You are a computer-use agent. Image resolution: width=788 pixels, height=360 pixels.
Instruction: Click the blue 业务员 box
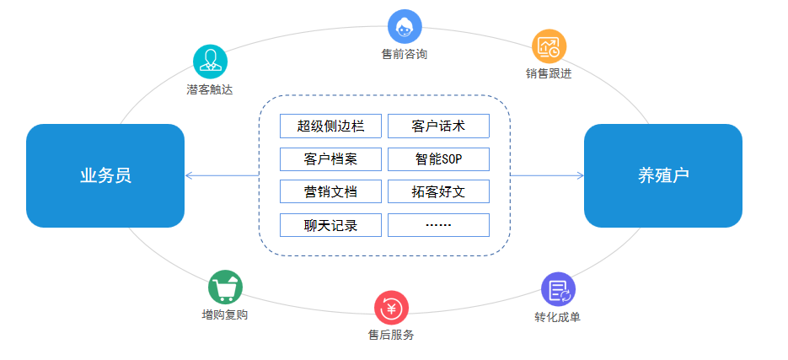click(105, 175)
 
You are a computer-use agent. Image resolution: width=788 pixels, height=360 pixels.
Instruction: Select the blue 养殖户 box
click(662, 175)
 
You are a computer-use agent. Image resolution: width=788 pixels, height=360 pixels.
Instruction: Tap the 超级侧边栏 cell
click(330, 126)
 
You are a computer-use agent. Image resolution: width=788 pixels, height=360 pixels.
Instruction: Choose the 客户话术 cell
click(438, 126)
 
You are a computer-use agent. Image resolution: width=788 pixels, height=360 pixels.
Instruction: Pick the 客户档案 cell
click(330, 159)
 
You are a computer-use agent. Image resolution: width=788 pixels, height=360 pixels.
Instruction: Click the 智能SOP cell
click(438, 159)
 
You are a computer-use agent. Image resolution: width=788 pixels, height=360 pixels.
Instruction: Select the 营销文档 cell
click(330, 191)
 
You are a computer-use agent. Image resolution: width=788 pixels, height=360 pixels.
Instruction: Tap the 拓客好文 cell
click(438, 191)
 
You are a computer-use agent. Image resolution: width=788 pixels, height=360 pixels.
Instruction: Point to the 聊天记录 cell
click(330, 225)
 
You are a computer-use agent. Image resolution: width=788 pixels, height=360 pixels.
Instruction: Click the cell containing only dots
click(438, 225)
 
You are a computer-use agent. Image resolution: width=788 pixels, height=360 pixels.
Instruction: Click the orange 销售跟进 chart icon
click(549, 46)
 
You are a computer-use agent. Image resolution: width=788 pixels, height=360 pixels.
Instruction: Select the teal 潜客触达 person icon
click(210, 62)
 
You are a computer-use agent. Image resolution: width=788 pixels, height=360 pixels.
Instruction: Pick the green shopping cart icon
click(225, 287)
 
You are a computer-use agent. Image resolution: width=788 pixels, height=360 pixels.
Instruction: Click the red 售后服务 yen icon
click(391, 307)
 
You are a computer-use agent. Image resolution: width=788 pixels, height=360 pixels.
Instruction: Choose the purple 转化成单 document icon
click(558, 289)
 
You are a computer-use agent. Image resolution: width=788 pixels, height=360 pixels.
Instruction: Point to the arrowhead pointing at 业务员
click(188, 175)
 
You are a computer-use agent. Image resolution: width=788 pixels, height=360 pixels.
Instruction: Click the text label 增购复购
click(225, 315)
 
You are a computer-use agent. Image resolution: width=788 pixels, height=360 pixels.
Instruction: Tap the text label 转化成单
click(557, 317)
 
